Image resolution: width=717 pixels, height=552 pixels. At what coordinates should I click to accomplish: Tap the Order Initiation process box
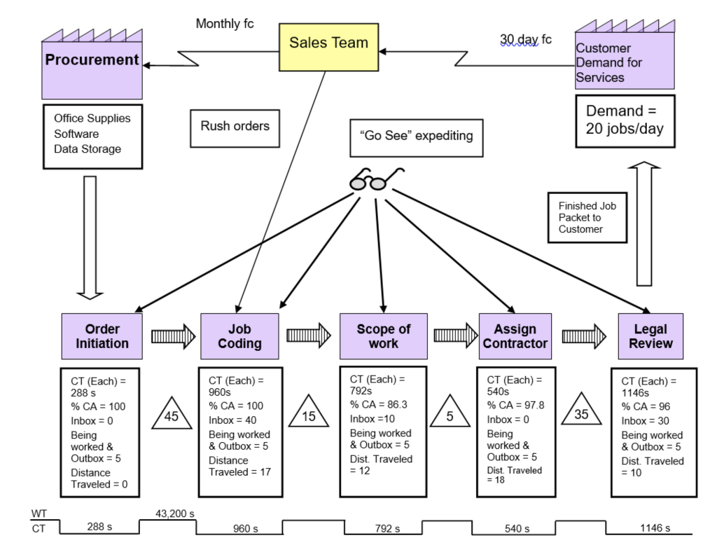[102, 336]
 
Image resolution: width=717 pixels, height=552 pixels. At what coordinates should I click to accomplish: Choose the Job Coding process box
[239, 336]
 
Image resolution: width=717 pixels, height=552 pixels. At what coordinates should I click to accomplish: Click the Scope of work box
[383, 336]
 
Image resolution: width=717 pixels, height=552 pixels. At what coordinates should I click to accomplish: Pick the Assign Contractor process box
[515, 336]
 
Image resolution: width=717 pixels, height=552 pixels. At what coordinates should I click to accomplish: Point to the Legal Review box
[650, 336]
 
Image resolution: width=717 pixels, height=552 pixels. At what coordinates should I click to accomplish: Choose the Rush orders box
[235, 127]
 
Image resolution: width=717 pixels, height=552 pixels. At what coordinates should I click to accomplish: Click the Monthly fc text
[225, 24]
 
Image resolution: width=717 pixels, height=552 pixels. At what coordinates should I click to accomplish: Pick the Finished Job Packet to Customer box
[587, 218]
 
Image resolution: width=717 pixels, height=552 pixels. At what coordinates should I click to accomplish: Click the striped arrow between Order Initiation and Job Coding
[174, 336]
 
